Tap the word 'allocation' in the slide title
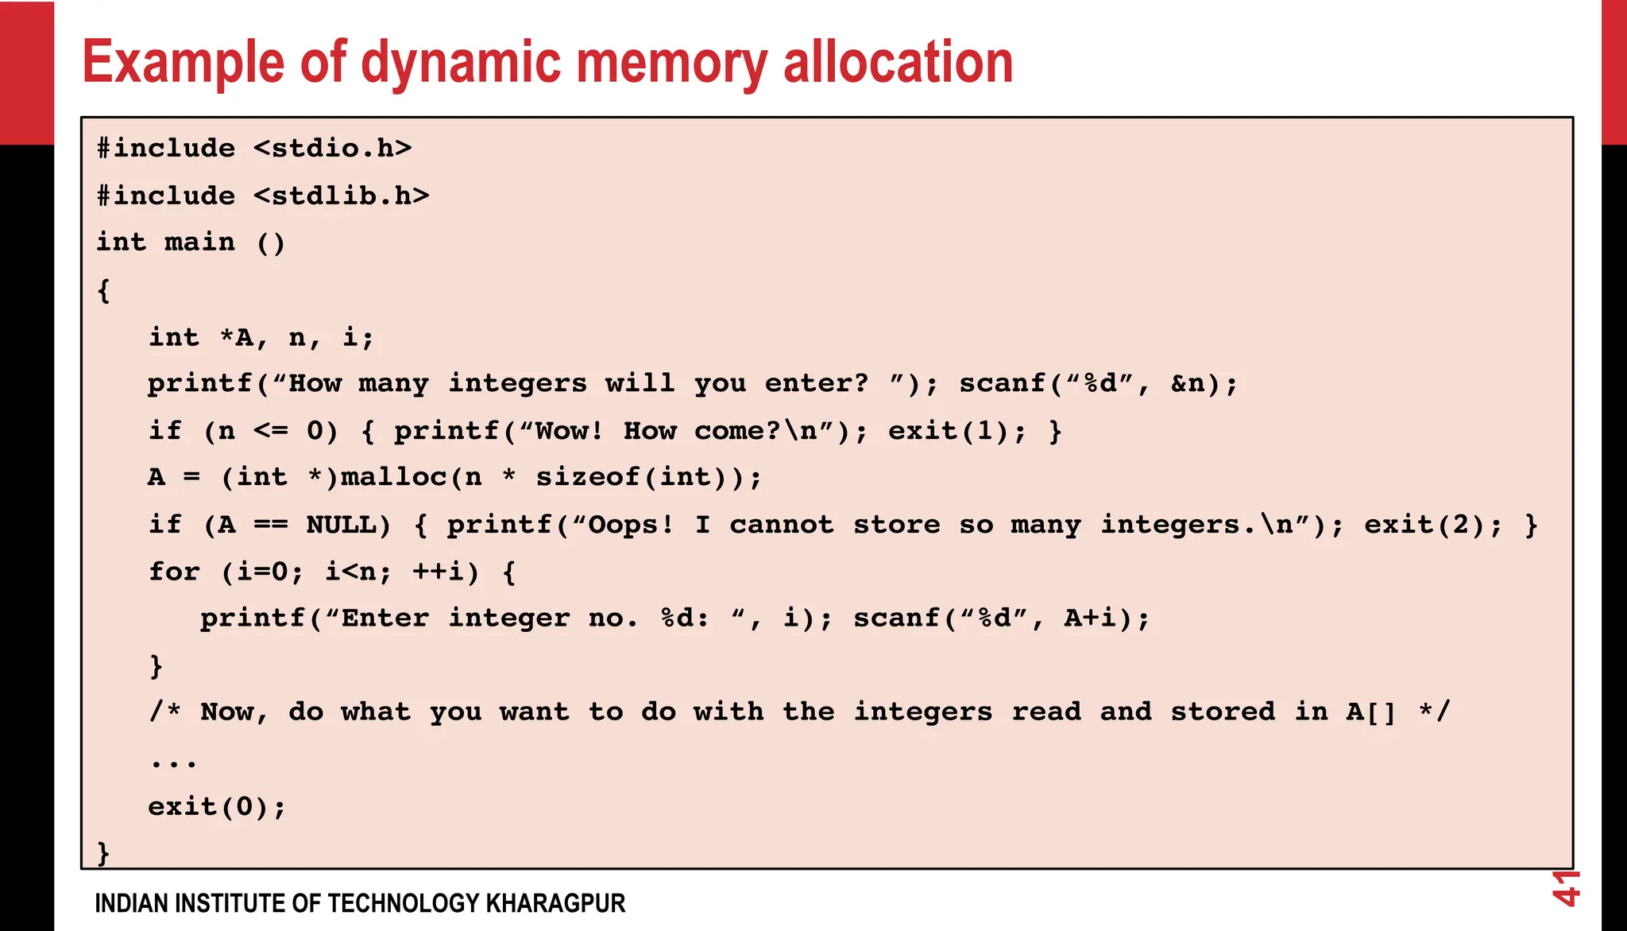pyautogui.click(x=898, y=62)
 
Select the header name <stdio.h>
pyautogui.click(x=333, y=149)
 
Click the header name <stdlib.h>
pyautogui.click(x=342, y=196)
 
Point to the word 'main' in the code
pyautogui.click(x=199, y=242)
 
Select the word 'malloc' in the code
pyautogui.click(x=394, y=477)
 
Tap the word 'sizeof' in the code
pyautogui.click(x=587, y=477)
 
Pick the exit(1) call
pyautogui.click(x=949, y=431)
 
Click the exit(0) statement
pyautogui.click(x=216, y=807)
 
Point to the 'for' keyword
pyautogui.click(x=174, y=572)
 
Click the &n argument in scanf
pyautogui.click(x=1188, y=384)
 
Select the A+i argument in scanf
pyautogui.click(x=1090, y=619)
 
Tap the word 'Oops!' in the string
pyautogui.click(x=631, y=525)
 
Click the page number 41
pyautogui.click(x=1566, y=888)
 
